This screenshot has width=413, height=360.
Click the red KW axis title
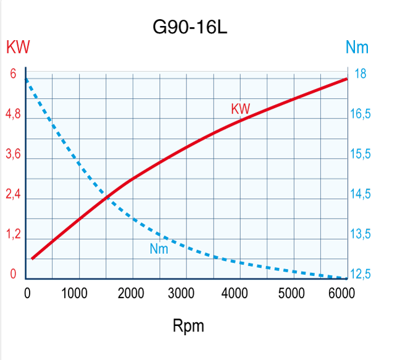(x=18, y=48)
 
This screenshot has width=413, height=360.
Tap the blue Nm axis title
(x=357, y=48)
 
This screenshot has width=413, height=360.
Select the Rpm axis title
(x=188, y=326)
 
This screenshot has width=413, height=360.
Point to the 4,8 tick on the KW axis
(x=14, y=115)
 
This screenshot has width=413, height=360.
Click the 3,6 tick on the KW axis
(x=14, y=155)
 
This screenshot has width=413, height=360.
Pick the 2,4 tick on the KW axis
(x=14, y=195)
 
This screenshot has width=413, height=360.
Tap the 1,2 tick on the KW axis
(x=14, y=235)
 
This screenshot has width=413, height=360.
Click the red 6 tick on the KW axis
(x=13, y=74)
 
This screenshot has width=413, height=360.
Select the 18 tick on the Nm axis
(x=361, y=74)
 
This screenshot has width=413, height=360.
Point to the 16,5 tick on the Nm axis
(x=362, y=115)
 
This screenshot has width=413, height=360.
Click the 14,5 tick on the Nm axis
(x=362, y=195)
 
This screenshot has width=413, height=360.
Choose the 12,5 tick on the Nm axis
(x=362, y=275)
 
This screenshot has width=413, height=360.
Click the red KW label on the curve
(x=241, y=109)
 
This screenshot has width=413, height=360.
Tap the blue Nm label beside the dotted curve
(x=159, y=249)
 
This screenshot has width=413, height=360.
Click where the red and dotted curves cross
(x=107, y=198)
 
